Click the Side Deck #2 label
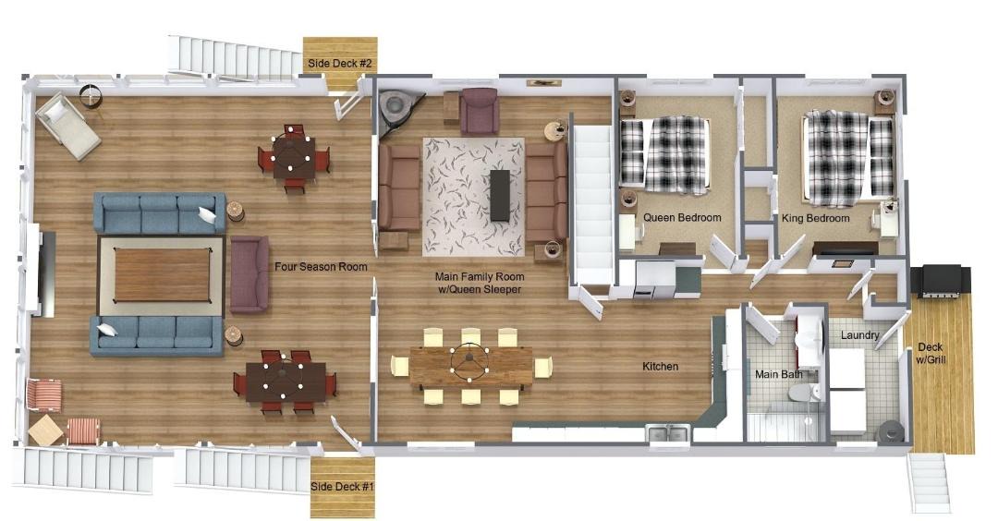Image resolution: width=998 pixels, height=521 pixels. point(339,64)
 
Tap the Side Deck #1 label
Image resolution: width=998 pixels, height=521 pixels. point(342,487)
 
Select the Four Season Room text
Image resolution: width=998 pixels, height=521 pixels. point(321,267)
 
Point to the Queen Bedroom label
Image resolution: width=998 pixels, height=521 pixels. point(682,218)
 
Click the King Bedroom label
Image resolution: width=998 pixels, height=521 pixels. point(815,218)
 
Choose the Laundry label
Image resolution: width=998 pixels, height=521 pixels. point(860,335)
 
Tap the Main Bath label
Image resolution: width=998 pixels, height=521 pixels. point(778,374)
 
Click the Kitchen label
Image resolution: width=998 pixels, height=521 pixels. point(660,367)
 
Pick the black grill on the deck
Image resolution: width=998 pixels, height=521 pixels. point(941,281)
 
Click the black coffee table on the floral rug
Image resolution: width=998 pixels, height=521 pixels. point(500,195)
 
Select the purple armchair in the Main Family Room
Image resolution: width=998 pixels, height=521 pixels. point(479,111)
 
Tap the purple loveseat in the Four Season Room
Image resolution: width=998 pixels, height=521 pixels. point(249,274)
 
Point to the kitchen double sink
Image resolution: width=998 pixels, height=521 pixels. point(668,434)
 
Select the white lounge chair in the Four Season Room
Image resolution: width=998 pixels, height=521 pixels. point(67,127)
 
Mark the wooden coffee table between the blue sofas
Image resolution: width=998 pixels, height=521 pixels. point(163,274)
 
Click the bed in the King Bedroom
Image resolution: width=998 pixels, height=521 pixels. point(847,157)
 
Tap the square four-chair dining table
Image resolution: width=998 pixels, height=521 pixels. point(294,158)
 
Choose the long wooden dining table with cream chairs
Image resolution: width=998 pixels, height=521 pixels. point(471,367)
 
